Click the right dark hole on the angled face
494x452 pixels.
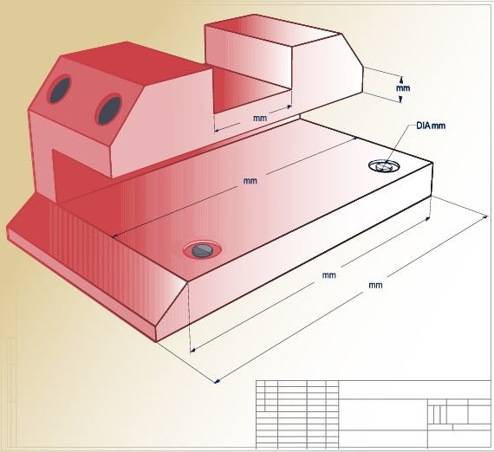point(109,109)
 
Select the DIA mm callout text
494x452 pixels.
point(431,126)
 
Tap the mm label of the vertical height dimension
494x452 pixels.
point(402,88)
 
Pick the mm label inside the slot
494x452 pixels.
point(259,117)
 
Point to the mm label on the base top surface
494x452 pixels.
point(250,181)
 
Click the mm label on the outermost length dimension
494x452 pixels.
point(375,285)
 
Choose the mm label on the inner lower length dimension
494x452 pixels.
point(328,275)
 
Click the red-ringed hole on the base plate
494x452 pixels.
point(202,250)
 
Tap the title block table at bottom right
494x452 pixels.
point(373,414)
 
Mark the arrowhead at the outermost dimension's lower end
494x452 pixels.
point(217,380)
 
